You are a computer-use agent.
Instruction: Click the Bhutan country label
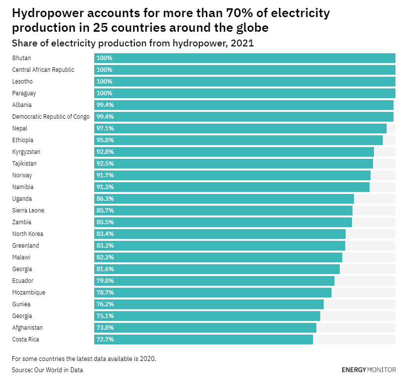(21, 58)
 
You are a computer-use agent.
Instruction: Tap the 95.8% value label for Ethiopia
(105, 140)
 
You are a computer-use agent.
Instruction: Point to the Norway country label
(22, 175)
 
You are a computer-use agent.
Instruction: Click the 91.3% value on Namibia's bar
(105, 187)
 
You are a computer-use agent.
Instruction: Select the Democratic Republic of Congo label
(51, 117)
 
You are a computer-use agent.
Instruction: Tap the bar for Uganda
(224, 199)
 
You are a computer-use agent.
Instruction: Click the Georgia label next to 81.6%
(22, 269)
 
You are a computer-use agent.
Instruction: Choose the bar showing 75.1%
(207, 316)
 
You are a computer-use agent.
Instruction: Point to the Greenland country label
(25, 246)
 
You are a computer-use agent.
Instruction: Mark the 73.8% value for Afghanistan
(105, 328)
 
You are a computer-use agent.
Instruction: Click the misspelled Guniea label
(21, 304)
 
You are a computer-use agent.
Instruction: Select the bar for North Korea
(220, 234)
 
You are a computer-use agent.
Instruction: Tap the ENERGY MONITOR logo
(369, 370)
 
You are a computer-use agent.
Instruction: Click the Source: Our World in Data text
(47, 370)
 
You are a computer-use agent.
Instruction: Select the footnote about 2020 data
(84, 359)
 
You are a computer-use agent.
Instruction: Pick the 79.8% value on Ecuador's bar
(105, 281)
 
